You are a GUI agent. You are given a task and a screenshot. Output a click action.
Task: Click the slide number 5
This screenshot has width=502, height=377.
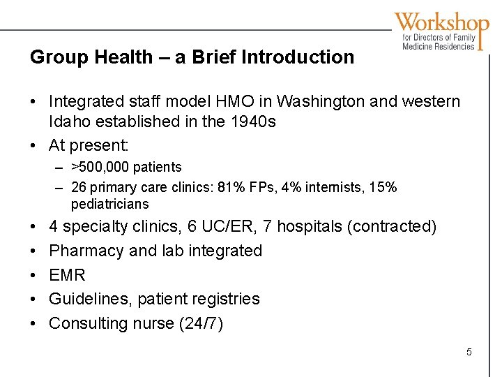[469, 352]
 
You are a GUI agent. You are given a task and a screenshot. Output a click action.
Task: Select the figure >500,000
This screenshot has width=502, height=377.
[102, 167]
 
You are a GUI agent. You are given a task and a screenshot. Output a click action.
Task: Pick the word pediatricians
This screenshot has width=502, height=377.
[109, 205]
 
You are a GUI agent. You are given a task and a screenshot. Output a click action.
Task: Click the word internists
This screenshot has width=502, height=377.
[328, 187]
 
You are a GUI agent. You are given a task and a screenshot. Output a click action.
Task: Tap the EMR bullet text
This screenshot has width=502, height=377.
[67, 275]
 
